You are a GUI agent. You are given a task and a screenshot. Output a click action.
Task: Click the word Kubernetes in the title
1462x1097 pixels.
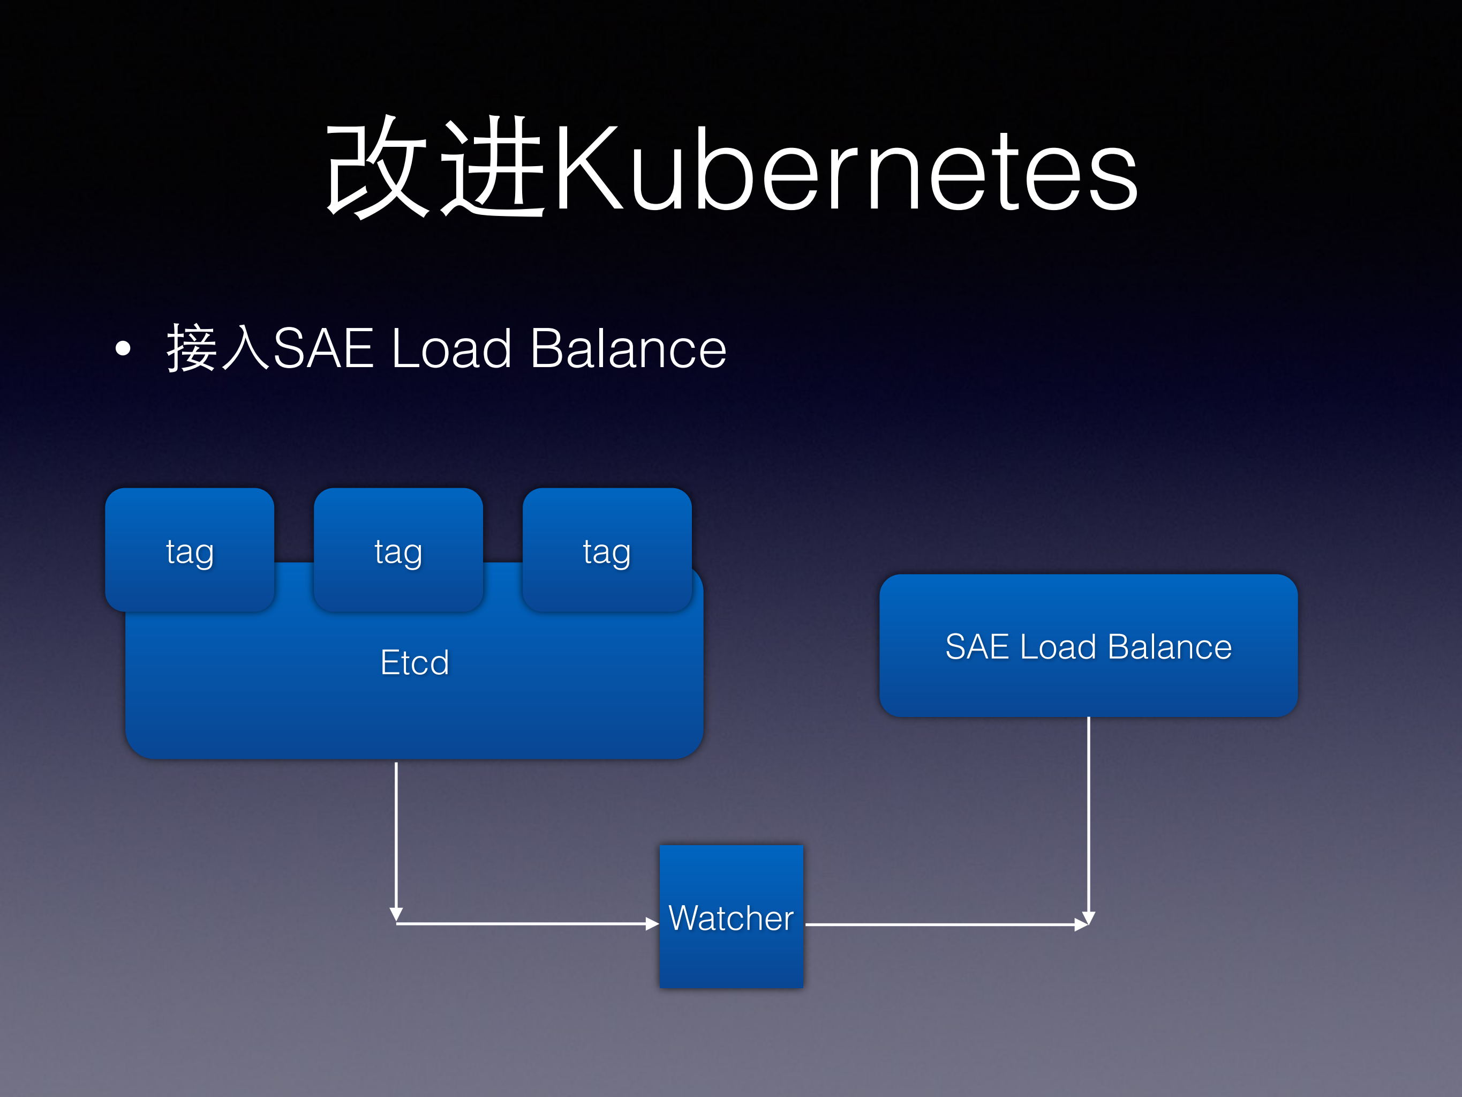(x=846, y=170)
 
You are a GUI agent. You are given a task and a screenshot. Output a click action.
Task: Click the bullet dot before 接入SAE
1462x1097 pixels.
(x=123, y=348)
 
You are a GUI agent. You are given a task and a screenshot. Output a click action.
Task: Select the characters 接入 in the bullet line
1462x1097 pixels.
(x=218, y=348)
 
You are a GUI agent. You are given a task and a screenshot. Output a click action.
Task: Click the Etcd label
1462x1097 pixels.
(x=415, y=662)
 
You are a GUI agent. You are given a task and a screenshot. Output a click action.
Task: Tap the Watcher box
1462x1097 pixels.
(x=731, y=916)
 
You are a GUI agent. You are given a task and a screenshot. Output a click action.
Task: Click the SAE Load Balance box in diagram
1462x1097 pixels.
(x=1088, y=646)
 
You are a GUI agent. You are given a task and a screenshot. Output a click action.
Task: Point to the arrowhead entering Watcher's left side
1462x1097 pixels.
(x=652, y=924)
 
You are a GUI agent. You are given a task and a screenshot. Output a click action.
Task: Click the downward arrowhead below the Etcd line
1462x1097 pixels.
(x=396, y=914)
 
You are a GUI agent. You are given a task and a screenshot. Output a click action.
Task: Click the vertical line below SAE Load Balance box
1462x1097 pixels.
(x=1088, y=814)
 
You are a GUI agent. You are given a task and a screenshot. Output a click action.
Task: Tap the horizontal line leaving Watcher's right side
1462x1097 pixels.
(x=939, y=924)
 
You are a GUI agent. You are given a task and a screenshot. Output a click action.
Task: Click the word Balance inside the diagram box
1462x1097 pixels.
(x=1170, y=647)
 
